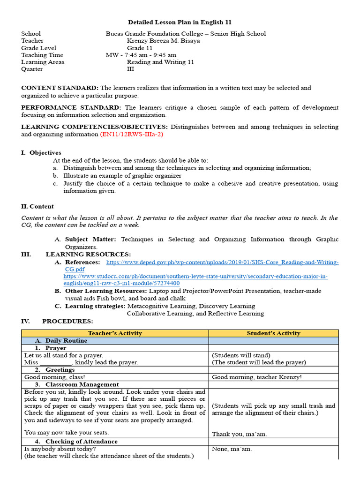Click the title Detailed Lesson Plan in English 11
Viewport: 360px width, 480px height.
click(x=180, y=22)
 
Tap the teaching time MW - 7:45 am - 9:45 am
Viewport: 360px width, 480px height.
click(x=141, y=55)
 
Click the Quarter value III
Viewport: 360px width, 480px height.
click(x=130, y=69)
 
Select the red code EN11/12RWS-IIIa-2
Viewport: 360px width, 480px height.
click(x=132, y=134)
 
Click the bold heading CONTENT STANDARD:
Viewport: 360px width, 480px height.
click(x=60, y=88)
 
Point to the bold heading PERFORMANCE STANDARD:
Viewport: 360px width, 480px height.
click(x=71, y=108)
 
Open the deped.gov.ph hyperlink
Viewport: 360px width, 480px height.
click(x=222, y=262)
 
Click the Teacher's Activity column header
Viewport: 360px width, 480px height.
click(x=115, y=333)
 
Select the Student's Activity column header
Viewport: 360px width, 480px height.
click(x=273, y=333)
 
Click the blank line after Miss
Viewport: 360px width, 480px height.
click(x=56, y=362)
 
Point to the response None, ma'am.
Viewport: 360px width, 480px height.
click(x=232, y=449)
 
